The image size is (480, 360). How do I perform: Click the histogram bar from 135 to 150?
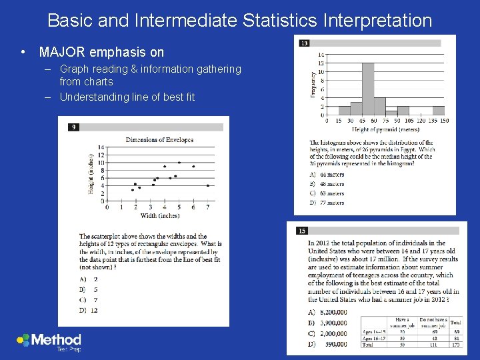pos(438,111)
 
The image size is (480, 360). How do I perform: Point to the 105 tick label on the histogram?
pos(409,121)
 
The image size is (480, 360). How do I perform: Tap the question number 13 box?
pos(304,43)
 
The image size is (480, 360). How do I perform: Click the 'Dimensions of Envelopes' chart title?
pos(159,139)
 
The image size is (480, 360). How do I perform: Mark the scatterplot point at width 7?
pos(208,185)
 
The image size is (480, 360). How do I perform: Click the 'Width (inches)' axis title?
pos(159,215)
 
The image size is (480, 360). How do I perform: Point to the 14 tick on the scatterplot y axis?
pos(101,147)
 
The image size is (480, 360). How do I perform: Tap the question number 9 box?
pos(73,127)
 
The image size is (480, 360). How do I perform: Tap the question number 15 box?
pos(302,231)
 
